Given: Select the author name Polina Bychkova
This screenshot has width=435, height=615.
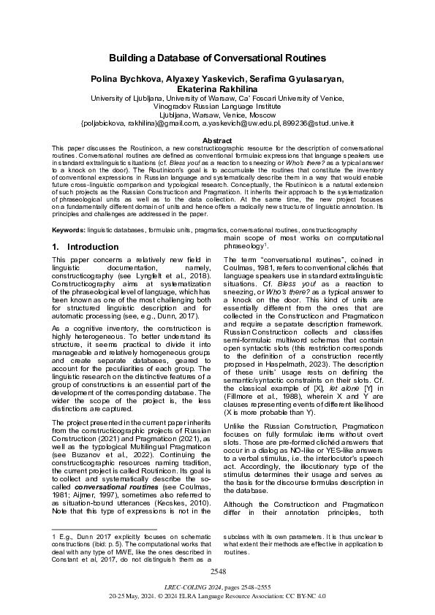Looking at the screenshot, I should tap(121, 78).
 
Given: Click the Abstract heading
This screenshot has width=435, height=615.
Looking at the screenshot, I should tap(217, 140).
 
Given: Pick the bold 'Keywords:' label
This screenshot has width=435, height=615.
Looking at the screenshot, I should tap(68, 230).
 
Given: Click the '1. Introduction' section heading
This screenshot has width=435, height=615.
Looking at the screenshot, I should tap(86, 247).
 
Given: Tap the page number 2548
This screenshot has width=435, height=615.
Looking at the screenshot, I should tap(217, 571).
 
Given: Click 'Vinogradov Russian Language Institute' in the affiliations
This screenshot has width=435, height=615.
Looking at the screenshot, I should tap(217, 106).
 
